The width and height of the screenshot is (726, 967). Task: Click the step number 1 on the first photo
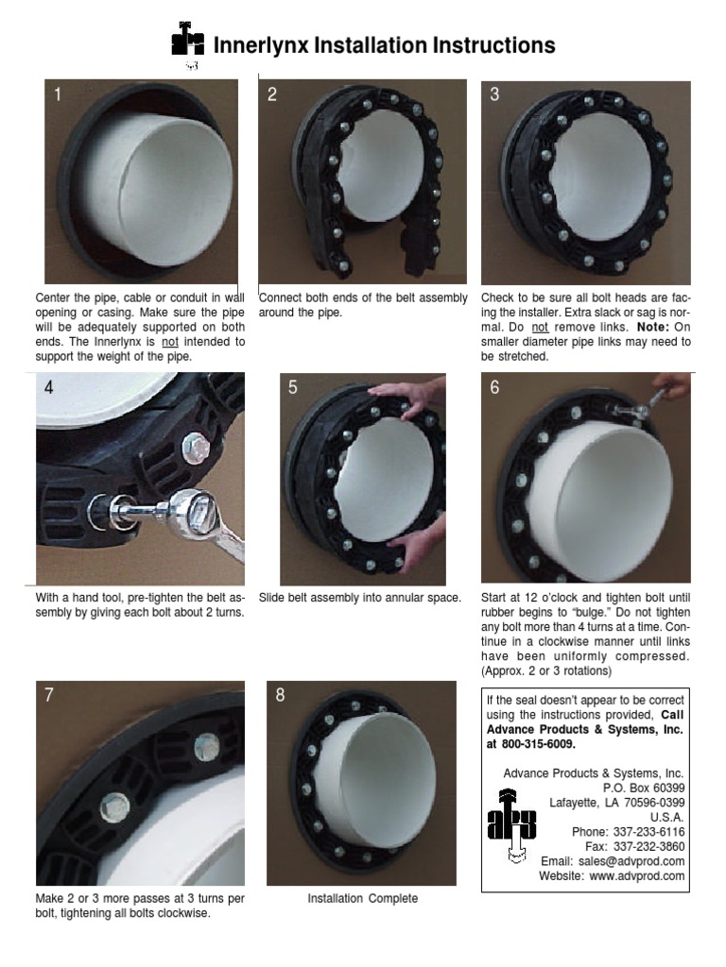(x=58, y=94)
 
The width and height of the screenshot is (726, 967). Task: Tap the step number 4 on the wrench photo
(x=48, y=387)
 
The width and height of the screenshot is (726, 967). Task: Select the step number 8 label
(x=280, y=696)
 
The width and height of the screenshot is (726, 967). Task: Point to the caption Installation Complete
(x=363, y=898)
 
